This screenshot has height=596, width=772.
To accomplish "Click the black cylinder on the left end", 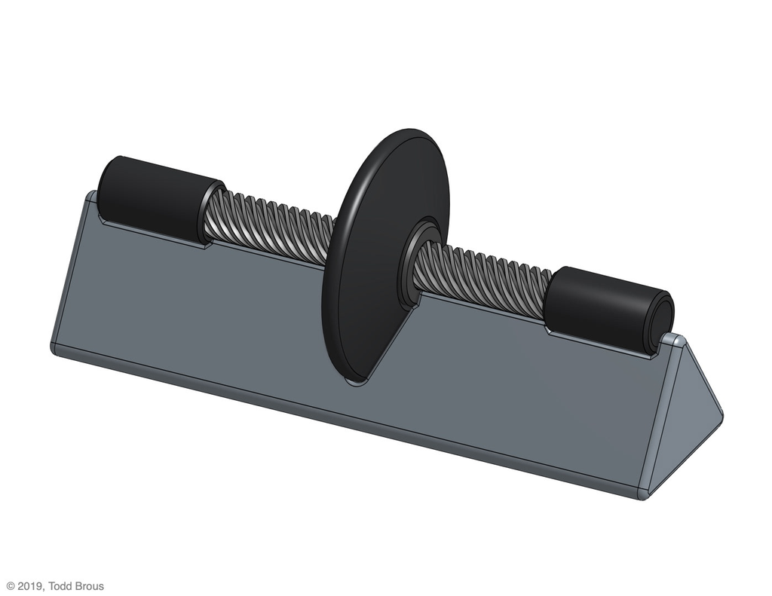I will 155,197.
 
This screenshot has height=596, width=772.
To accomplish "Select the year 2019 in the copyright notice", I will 29,586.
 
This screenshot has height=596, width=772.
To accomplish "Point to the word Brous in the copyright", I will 90,586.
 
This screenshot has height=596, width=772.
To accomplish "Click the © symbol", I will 10,586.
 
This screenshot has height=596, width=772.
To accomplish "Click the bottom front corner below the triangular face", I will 642,494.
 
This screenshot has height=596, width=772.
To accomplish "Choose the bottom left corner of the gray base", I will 55,349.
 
